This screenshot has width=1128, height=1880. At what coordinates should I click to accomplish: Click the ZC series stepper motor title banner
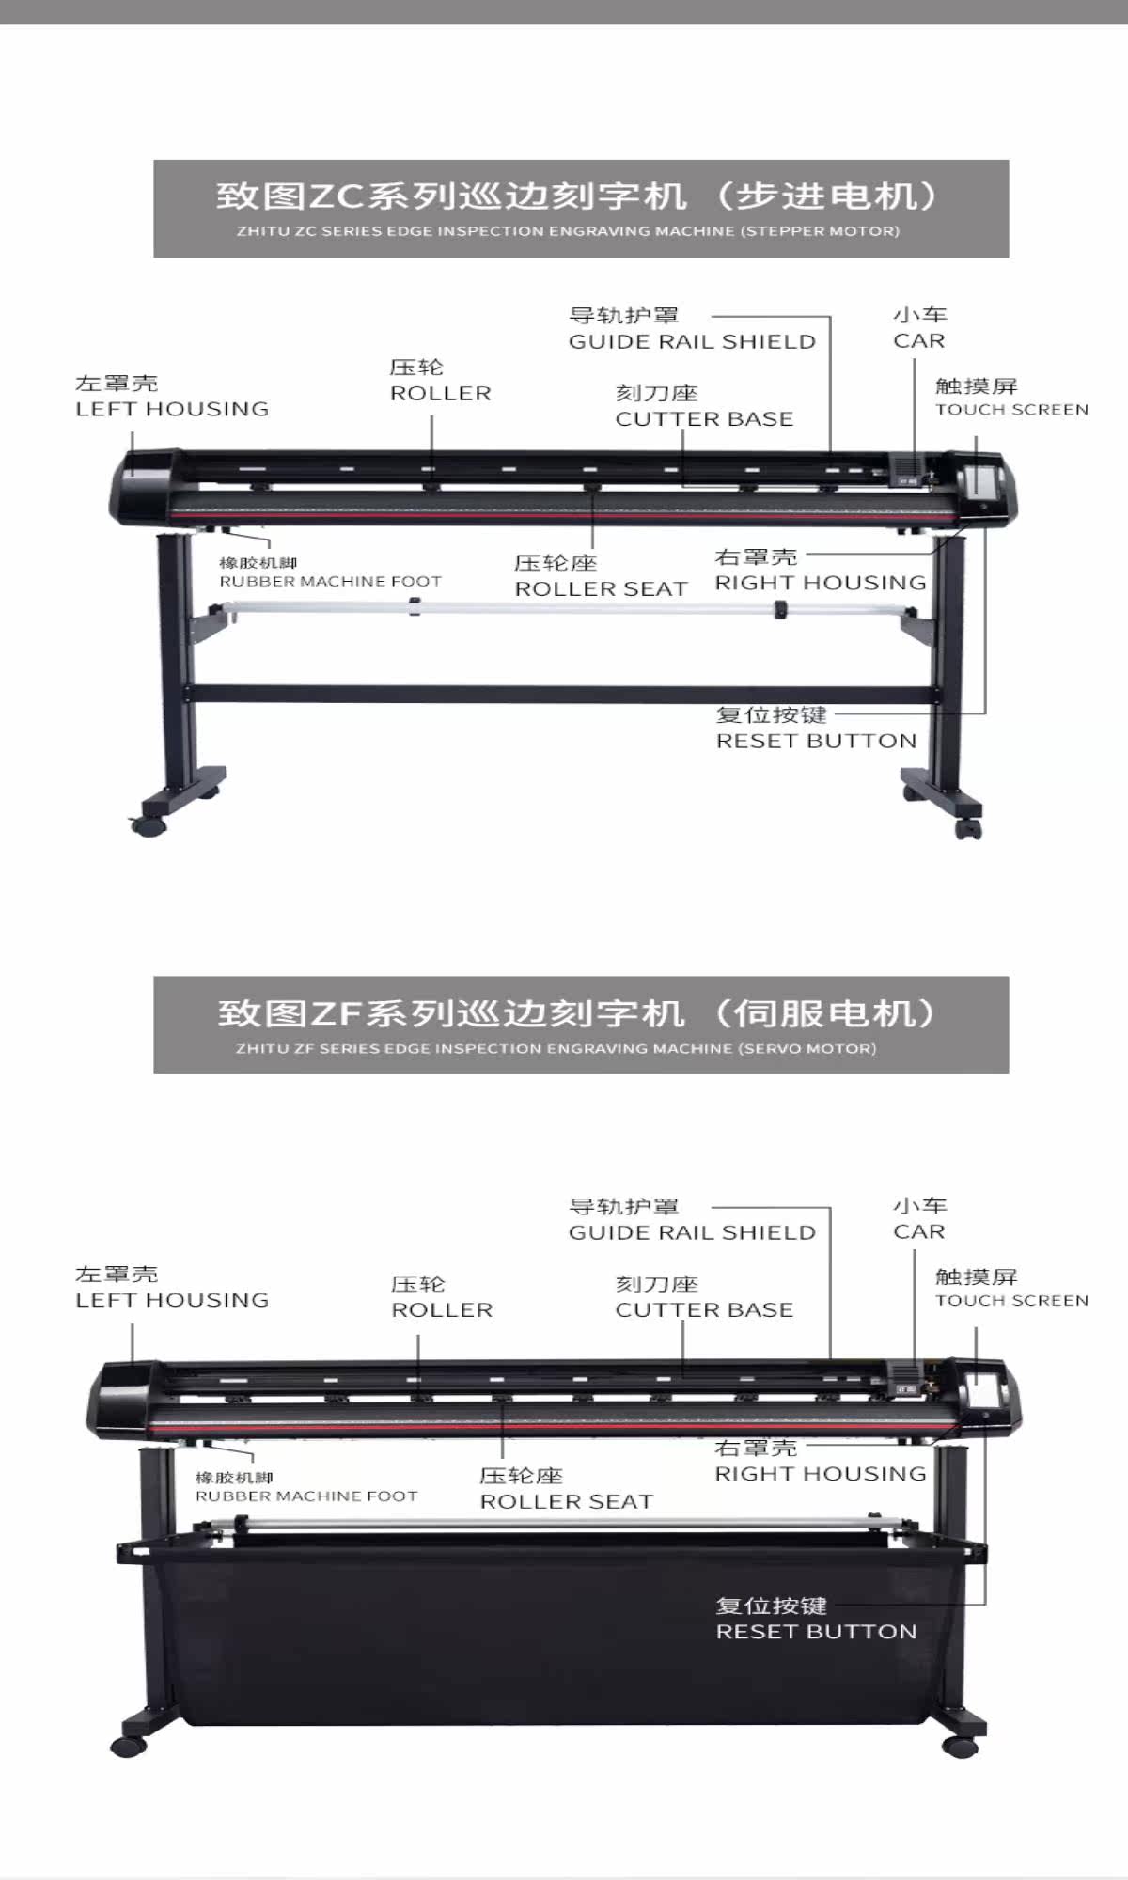coord(581,209)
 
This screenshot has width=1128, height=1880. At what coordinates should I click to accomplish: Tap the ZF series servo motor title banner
coord(581,1025)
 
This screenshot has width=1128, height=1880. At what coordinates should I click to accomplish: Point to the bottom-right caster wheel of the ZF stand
coord(960,1747)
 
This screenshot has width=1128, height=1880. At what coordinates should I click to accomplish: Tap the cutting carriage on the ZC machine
coord(907,470)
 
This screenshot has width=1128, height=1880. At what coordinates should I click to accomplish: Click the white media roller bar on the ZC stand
coord(564,608)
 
